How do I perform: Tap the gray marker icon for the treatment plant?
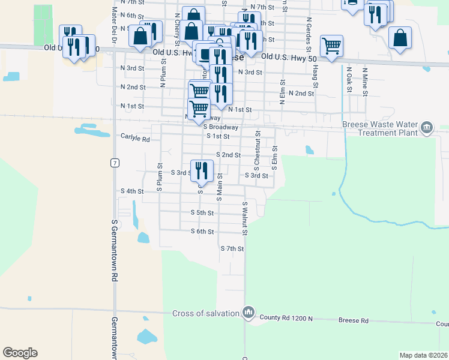[x=427, y=127]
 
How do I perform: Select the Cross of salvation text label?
[x=205, y=313]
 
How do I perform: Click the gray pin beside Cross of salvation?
[x=248, y=313]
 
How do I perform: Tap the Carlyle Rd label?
[x=135, y=138]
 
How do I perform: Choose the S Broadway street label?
[x=221, y=127]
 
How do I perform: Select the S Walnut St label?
[x=245, y=218]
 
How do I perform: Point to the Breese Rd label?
[x=354, y=320]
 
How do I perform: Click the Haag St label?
[x=316, y=74]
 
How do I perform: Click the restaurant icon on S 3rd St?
[x=202, y=170]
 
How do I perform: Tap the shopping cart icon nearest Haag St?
[x=331, y=46]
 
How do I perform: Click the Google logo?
[x=20, y=353]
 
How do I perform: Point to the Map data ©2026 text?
[x=423, y=355]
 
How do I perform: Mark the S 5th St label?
[x=202, y=212]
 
